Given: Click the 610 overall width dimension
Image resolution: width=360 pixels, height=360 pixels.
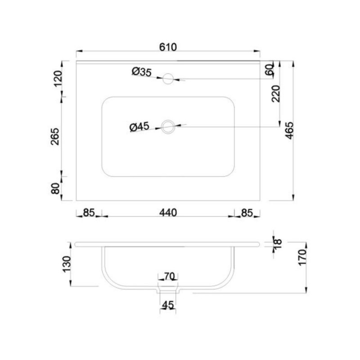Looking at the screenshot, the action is tap(168, 47).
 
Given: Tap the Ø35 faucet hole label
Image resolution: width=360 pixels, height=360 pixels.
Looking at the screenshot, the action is tap(142, 72).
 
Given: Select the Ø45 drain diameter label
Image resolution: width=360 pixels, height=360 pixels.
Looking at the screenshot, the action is tap(139, 127).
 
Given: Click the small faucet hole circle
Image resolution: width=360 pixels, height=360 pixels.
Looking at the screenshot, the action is tap(168, 78).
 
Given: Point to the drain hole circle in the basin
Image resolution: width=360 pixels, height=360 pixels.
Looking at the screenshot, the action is tap(168, 126).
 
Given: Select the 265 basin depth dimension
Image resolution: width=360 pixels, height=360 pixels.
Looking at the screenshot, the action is tap(55, 137).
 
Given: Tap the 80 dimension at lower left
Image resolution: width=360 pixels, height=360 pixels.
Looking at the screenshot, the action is tap(55, 189).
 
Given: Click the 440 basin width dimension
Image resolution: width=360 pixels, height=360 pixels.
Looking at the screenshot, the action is tap(168, 212).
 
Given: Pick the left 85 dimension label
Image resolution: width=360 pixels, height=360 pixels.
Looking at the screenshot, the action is tap(89, 212).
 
